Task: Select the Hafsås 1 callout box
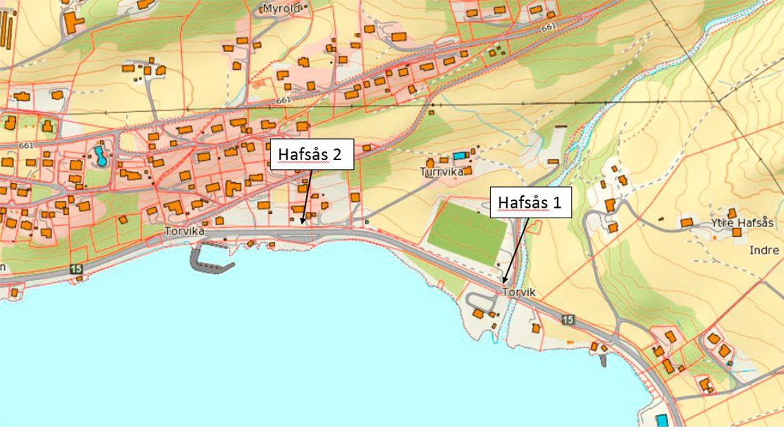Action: pyautogui.click(x=530, y=202)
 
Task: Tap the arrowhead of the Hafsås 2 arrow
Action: pyautogui.click(x=303, y=222)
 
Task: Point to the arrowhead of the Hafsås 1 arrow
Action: pyautogui.click(x=505, y=282)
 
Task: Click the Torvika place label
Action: pyautogui.click(x=185, y=232)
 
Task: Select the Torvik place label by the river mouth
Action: pyautogui.click(x=519, y=292)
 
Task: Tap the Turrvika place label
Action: pyautogui.click(x=442, y=172)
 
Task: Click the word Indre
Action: pyautogui.click(x=764, y=250)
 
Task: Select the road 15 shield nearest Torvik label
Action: pyautogui.click(x=568, y=319)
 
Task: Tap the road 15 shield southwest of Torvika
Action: pyautogui.click(x=75, y=268)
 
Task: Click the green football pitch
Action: pyautogui.click(x=468, y=231)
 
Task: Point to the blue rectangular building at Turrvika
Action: pyautogui.click(x=459, y=157)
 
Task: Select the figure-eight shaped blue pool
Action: pyautogui.click(x=102, y=156)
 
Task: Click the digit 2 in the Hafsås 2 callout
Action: pyautogui.click(x=336, y=154)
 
